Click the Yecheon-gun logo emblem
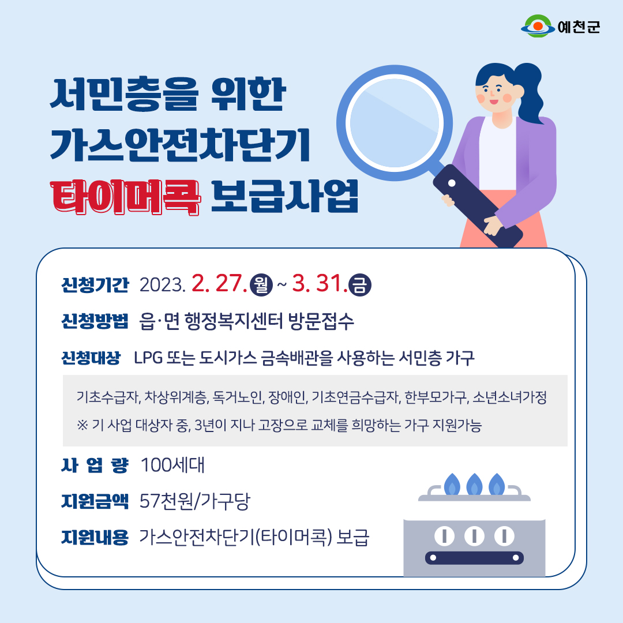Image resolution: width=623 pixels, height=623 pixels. pyautogui.click(x=538, y=26)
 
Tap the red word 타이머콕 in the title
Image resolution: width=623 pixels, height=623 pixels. pyautogui.click(x=125, y=197)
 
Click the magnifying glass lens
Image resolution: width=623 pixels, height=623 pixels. pyautogui.click(x=395, y=123)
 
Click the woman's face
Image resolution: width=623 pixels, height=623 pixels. pyautogui.click(x=494, y=94)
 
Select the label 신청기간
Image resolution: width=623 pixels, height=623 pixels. pyautogui.click(x=95, y=285)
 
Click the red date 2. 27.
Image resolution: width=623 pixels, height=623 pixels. pyautogui.click(x=219, y=283)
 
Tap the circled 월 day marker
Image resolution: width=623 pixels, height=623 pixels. pyautogui.click(x=261, y=285)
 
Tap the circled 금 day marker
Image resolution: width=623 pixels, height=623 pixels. pyautogui.click(x=359, y=285)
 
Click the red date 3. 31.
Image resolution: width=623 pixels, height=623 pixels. pyautogui.click(x=320, y=283)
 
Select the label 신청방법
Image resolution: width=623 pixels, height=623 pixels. pyautogui.click(x=95, y=321)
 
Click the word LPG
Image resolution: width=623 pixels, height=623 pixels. pyautogui.click(x=148, y=358)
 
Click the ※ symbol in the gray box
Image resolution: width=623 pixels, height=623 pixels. pyautogui.click(x=82, y=426)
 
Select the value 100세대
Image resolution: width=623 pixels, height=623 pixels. pyautogui.click(x=172, y=466)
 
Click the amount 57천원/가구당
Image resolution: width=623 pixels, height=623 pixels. pyautogui.click(x=195, y=501)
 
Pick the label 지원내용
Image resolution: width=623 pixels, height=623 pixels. pyautogui.click(x=95, y=538)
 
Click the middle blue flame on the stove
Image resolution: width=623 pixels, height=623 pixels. pyautogui.click(x=474, y=485)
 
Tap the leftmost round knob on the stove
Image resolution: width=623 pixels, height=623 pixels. pyautogui.click(x=444, y=535)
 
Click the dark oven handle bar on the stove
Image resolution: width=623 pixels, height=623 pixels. pyautogui.click(x=474, y=558)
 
